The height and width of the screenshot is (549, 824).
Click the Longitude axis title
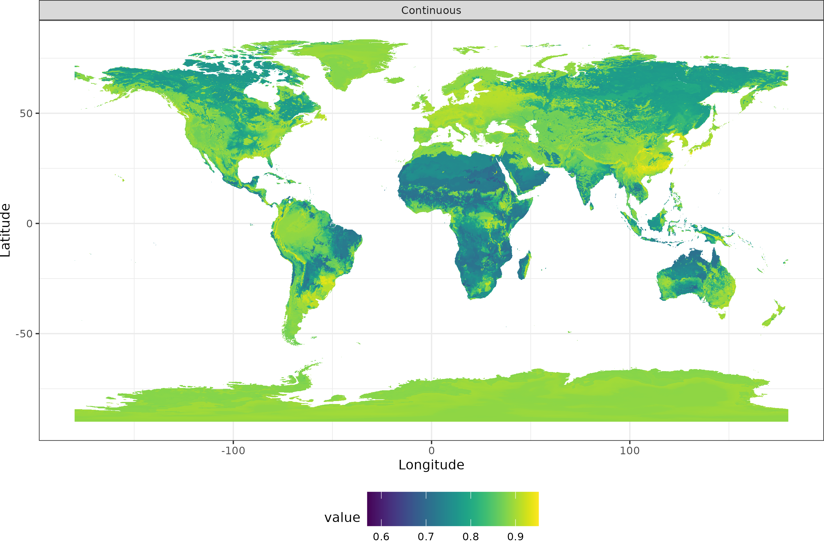[431, 465]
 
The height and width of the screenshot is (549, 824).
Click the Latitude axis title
[6, 230]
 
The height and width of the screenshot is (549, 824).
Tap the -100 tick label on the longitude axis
[233, 450]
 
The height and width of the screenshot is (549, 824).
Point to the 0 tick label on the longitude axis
[431, 450]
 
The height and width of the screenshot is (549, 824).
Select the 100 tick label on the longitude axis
[630, 450]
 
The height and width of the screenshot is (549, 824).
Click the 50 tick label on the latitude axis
[26, 113]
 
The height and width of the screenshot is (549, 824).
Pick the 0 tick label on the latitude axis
[30, 223]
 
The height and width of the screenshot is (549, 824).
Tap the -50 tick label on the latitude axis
[24, 334]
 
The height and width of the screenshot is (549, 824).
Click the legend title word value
[342, 518]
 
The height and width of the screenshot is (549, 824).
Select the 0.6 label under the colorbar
[381, 537]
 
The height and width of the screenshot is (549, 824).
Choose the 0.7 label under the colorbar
[426, 537]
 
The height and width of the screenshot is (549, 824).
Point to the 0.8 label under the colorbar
[471, 537]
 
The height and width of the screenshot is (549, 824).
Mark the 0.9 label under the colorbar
[516, 537]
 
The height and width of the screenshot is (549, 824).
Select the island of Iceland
[395, 80]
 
